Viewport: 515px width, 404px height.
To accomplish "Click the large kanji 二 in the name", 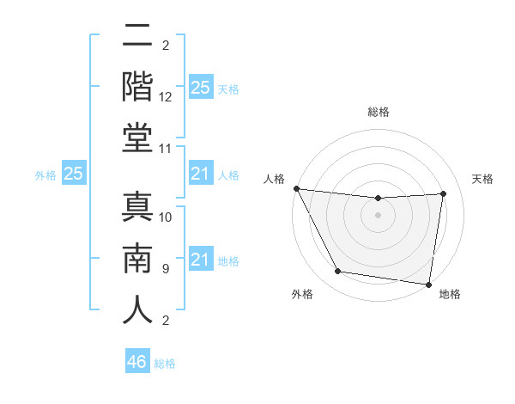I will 138,36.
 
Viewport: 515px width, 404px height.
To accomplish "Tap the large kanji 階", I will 138,87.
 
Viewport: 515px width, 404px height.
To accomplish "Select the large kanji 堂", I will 138,138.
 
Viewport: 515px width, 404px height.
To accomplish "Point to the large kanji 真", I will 138,206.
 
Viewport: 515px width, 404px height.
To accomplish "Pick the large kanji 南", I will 138,257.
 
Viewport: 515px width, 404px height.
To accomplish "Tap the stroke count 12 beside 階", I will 167,98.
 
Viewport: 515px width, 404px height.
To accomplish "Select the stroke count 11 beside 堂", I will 167,149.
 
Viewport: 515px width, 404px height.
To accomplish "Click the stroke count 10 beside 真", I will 167,217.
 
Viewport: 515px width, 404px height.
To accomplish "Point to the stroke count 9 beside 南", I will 165,269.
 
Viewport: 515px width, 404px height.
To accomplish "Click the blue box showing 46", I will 137,362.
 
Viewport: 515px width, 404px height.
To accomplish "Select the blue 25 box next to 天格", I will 201,88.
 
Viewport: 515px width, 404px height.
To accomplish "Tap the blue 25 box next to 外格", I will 74,174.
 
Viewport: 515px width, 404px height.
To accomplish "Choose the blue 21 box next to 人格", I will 201,174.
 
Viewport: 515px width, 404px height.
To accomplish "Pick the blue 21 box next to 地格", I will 201,260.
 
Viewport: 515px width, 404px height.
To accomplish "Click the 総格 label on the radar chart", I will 379,112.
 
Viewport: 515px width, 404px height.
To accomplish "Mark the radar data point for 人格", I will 296,188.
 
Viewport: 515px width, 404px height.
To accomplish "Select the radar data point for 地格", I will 429,284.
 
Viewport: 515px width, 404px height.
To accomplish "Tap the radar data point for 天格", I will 444,193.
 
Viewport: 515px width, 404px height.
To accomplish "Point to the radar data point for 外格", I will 338,272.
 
